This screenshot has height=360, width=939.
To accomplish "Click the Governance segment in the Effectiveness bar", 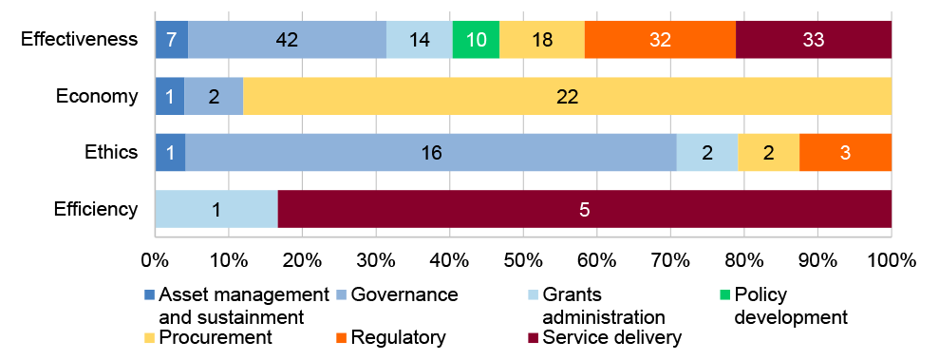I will (x=287, y=39).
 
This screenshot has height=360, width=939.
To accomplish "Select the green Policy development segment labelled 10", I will (x=476, y=39).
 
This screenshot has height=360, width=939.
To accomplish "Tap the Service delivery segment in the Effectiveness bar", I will (x=814, y=39).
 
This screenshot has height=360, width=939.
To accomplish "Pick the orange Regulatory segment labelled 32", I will (x=660, y=39).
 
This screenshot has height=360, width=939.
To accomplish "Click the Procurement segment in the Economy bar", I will (x=567, y=96).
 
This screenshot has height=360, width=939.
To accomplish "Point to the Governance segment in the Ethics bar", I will (x=430, y=152).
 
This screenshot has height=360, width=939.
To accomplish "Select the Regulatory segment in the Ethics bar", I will (x=845, y=152).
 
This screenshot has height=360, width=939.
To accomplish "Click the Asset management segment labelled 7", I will (x=171, y=39).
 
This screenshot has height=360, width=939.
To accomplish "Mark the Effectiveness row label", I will (x=80, y=40).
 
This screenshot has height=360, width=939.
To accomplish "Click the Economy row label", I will (x=98, y=96).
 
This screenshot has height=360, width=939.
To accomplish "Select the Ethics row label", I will (x=111, y=152).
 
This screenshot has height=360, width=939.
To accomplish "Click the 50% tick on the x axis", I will (x=523, y=258).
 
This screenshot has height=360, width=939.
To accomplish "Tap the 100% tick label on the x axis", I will (x=891, y=258).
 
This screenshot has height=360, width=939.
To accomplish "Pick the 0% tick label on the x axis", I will (x=155, y=258).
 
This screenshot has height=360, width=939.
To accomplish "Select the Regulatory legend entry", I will (x=397, y=337).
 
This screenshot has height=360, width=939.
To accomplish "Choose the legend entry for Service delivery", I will (x=604, y=337).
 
